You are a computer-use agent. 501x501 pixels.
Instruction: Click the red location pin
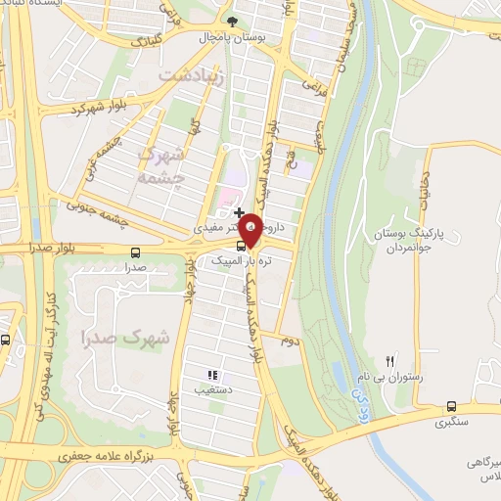pos(250,229)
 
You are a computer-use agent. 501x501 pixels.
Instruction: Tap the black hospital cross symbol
pos(239,212)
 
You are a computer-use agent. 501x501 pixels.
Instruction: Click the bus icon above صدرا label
pos(135,251)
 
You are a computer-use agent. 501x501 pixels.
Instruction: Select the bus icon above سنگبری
pos(451,406)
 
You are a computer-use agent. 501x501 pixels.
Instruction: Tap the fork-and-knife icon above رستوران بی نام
pos(391,361)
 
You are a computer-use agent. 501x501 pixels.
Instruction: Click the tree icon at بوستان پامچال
pos(232,21)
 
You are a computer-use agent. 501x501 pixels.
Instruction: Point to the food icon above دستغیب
pos(210,374)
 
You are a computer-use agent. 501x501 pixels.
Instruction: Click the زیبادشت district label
pos(191,73)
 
